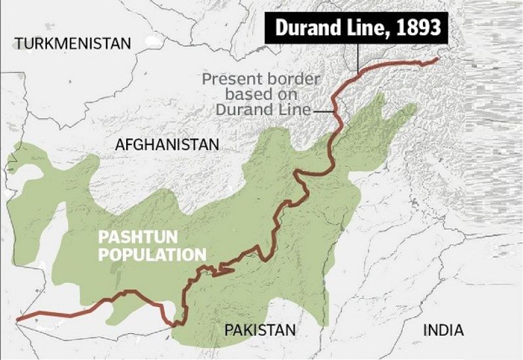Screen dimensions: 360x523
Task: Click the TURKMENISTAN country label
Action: click(73, 44)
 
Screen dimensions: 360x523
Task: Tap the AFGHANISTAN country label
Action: click(167, 144)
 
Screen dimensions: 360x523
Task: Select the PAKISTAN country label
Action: click(260, 330)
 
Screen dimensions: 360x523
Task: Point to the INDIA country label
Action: click(443, 330)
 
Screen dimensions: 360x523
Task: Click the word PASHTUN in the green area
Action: click(129, 237)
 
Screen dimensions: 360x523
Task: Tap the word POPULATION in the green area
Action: click(152, 255)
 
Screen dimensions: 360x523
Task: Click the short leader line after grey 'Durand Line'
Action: click(323, 111)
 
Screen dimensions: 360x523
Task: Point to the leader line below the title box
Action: click(358, 56)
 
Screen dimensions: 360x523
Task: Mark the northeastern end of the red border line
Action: click(437, 59)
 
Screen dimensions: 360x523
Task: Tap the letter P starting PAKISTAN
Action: click(229, 330)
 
